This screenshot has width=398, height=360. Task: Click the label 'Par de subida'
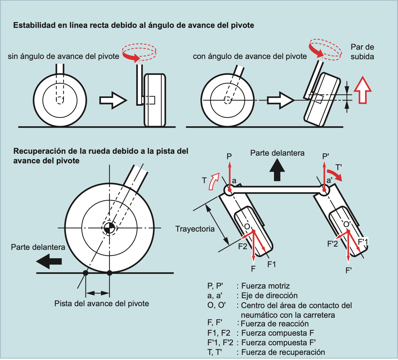[362, 52]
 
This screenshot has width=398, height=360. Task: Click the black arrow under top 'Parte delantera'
[277, 170]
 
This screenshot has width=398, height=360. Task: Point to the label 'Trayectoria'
[195, 229]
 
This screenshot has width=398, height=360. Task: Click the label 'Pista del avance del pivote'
[102, 304]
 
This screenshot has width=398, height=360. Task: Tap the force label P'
[326, 156]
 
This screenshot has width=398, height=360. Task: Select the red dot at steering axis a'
[324, 190]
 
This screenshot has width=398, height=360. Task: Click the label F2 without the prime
[243, 246]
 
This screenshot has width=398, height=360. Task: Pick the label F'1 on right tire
[363, 241]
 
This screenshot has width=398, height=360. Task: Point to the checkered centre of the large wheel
[109, 228]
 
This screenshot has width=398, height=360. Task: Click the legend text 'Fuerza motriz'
[265, 286]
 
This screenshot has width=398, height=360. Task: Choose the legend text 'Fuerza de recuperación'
[283, 352]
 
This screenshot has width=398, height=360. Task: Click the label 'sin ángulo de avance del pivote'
[63, 56]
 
